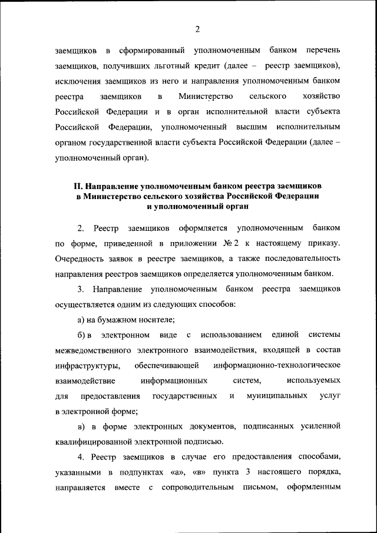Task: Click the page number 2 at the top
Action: (197, 29)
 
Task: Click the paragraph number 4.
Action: (80, 457)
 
